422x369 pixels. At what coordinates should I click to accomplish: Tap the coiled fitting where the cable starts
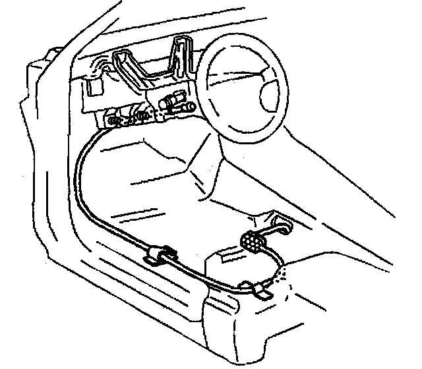tap(119, 121)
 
